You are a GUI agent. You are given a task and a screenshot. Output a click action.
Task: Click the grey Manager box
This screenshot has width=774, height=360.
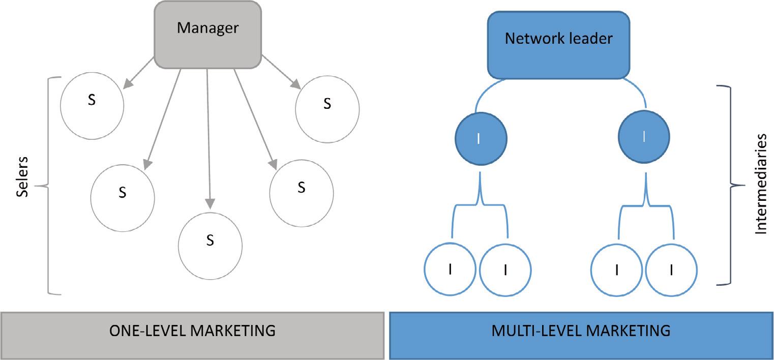(207, 34)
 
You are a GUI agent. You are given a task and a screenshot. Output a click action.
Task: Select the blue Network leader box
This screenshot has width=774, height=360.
(558, 45)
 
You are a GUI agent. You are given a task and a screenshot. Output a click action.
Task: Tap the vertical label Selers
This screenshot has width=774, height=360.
(21, 177)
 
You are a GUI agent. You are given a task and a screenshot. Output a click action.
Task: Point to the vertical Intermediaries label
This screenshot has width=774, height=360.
(760, 184)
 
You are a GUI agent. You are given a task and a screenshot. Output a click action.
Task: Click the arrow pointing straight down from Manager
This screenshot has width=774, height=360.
(208, 137)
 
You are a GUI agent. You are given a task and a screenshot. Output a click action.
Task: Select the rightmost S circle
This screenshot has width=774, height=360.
(327, 109)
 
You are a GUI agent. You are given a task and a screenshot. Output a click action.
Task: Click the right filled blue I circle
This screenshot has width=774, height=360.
(644, 137)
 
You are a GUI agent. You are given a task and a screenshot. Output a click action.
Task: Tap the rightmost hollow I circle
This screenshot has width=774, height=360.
(672, 270)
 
